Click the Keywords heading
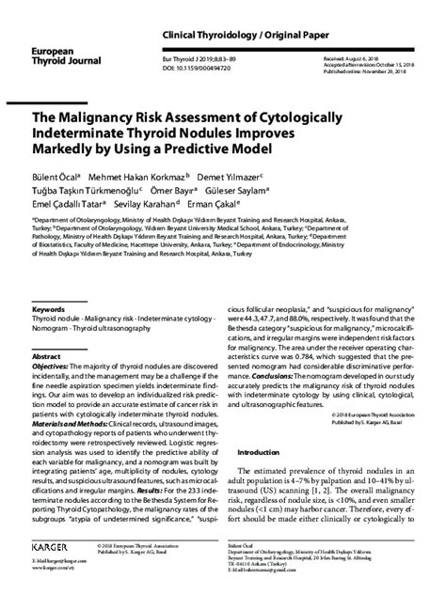click(x=48, y=307)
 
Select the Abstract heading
click(x=47, y=357)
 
